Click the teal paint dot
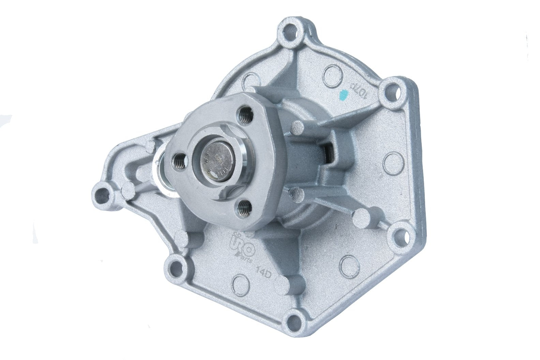(x=345, y=92)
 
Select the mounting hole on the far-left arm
(x=102, y=195)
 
